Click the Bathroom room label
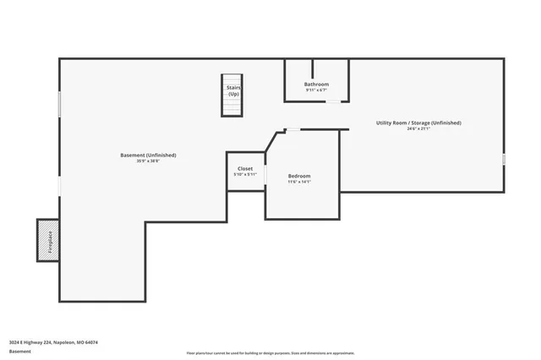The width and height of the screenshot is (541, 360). coord(316,84)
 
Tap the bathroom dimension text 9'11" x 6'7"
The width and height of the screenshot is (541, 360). coord(316,90)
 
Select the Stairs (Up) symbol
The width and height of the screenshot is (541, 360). coord(233,95)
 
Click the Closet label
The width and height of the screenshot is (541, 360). coord(245,168)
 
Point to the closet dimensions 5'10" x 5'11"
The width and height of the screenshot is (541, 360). coord(245,175)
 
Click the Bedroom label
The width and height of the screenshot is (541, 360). coord(299,175)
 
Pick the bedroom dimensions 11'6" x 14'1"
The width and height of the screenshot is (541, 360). coord(299,182)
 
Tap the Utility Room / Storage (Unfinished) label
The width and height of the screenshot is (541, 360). coord(418,123)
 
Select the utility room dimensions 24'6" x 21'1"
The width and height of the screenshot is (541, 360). coord(418,129)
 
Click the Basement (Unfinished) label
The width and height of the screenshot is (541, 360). coord(148,155)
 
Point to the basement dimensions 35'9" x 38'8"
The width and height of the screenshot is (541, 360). coord(148,161)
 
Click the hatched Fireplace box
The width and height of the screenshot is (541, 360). coord(48,241)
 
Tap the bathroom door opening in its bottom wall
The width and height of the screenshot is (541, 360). coord(335,101)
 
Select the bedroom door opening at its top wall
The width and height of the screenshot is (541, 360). coord(292,129)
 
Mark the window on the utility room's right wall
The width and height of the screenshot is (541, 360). coord(504,158)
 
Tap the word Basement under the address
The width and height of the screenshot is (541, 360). coord(18,352)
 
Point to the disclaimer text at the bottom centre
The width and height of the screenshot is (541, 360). coord(270,352)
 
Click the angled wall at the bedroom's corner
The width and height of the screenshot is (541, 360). coord(274,140)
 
